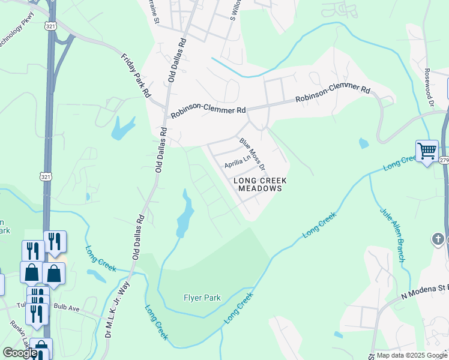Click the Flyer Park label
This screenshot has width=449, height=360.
point(202,298)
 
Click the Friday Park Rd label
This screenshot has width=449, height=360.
point(136,76)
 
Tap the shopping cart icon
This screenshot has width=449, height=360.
point(427,151)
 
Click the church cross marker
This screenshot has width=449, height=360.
point(438,240)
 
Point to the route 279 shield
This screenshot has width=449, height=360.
point(444,160)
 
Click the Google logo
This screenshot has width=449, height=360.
point(20,353)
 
